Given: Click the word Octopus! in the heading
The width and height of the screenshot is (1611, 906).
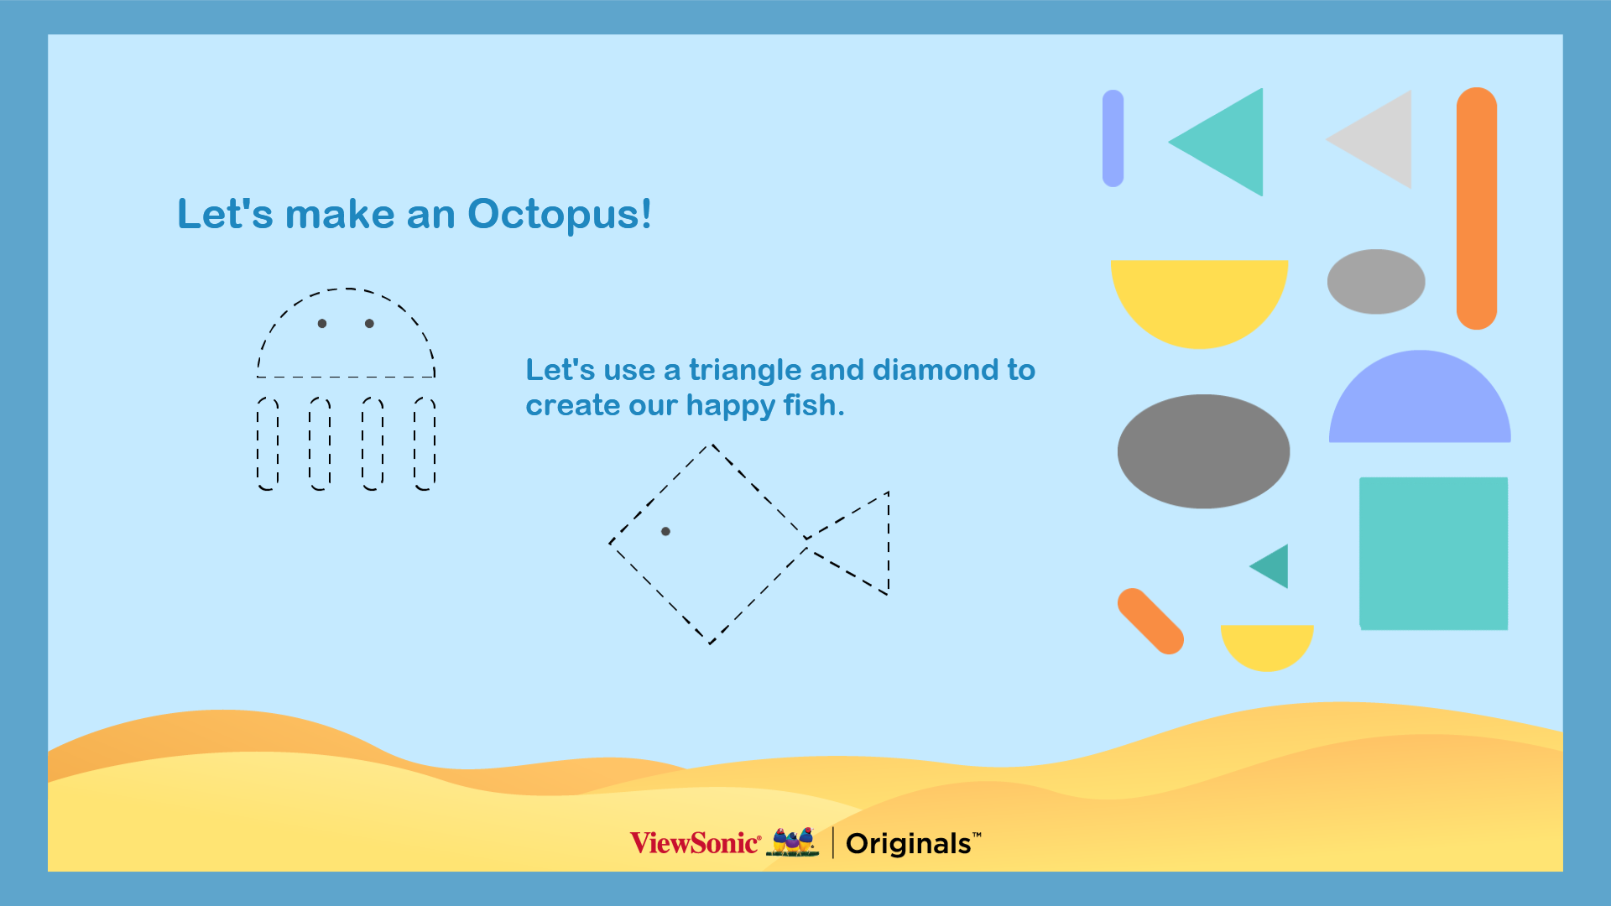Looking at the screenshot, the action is coord(560,216).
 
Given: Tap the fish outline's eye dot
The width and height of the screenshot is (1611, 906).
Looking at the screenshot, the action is coord(665,531).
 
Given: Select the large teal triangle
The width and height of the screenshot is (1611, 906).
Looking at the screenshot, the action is coord(1229,143).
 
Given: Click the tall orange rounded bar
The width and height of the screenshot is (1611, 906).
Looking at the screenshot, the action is coord(1477,208).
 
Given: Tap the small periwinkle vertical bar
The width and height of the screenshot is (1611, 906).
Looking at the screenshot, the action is coord(1113,138).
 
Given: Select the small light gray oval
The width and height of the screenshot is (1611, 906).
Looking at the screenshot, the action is coord(1376,282).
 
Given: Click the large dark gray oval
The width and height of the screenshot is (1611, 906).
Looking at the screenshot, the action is coord(1203,451).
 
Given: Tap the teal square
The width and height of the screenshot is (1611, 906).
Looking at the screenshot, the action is coord(1433,554).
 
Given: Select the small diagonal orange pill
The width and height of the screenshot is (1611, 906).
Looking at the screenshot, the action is coord(1150,621).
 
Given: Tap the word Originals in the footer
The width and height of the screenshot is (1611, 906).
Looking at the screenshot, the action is coord(909,843).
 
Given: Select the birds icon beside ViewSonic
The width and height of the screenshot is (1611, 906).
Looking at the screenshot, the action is coord(793,841).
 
